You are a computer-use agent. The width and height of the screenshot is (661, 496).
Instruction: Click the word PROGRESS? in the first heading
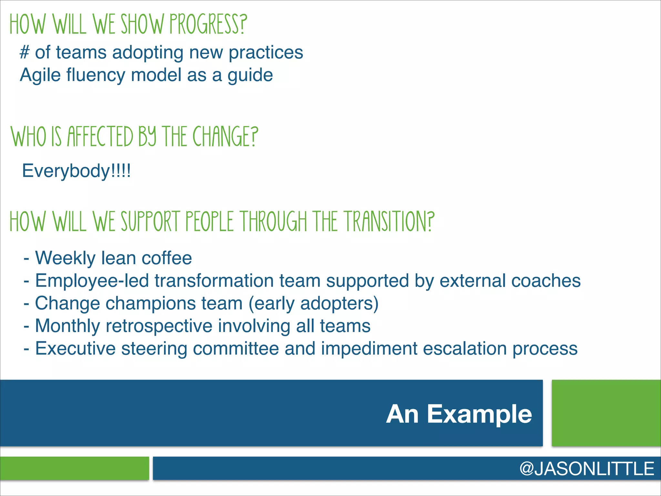point(208,24)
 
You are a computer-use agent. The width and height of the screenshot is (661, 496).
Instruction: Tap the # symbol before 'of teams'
point(25,52)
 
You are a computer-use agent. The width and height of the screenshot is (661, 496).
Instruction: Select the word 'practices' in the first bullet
point(266,52)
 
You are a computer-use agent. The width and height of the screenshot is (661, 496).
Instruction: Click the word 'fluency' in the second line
point(96,75)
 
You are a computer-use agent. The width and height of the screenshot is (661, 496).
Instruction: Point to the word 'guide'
point(250,75)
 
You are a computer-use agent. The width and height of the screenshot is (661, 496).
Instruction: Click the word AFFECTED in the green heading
point(100,137)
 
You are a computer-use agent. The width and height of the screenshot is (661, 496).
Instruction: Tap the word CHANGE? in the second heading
point(225,137)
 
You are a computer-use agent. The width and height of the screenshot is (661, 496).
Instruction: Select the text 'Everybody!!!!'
point(76,170)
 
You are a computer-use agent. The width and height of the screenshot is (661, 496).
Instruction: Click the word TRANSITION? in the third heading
point(389,222)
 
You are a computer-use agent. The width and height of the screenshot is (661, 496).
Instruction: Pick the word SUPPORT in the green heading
point(150,222)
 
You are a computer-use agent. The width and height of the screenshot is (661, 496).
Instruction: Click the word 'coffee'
point(167,258)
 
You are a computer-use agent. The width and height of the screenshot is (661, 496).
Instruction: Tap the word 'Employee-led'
point(92,281)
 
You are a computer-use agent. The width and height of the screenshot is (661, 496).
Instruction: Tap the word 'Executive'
point(75,348)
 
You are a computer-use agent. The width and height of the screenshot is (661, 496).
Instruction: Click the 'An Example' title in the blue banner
point(459,414)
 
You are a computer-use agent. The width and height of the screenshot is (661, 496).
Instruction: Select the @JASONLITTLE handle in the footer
point(587,469)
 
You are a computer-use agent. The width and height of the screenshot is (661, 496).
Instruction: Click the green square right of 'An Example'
point(606,413)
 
